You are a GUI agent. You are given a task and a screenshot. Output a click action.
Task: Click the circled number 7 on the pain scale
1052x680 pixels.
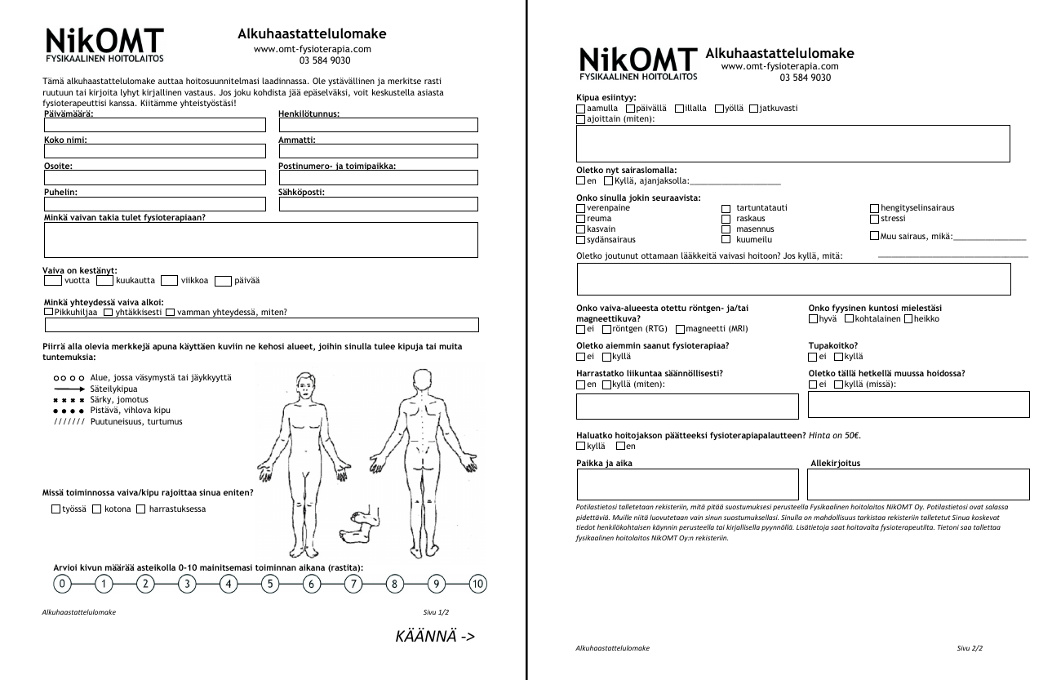pyautogui.click(x=353, y=584)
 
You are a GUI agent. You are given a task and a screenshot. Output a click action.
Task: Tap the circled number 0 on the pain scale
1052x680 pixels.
pyautogui.click(x=61, y=584)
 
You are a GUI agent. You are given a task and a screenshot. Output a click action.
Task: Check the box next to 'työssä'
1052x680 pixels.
pyautogui.click(x=55, y=509)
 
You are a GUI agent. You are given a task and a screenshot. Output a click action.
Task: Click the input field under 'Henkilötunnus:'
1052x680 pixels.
pyautogui.click(x=378, y=125)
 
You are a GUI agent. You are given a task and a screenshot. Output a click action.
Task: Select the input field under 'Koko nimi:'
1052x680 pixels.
pyautogui.click(x=154, y=151)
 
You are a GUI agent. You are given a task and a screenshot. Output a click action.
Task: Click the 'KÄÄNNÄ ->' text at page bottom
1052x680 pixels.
pyautogui.click(x=434, y=637)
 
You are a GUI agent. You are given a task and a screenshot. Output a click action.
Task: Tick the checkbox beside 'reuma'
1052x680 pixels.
pyautogui.click(x=581, y=219)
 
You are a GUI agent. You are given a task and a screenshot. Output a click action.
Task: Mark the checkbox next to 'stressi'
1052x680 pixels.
pyautogui.click(x=875, y=219)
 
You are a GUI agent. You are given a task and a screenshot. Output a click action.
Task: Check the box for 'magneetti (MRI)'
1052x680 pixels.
pyautogui.click(x=681, y=330)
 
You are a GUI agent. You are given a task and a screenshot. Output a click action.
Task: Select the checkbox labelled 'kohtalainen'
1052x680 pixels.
pyautogui.click(x=850, y=319)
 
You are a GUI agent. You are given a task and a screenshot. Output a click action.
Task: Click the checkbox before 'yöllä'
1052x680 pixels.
pyautogui.click(x=719, y=109)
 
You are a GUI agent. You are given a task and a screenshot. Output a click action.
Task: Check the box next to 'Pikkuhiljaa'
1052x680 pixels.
pyautogui.click(x=48, y=313)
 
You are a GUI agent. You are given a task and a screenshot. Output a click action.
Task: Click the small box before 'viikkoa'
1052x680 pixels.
pyautogui.click(x=169, y=281)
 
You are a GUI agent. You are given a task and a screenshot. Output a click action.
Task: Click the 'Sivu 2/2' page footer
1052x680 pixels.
pyautogui.click(x=970, y=648)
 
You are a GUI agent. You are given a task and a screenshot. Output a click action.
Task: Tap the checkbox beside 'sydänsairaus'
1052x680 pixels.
pyautogui.click(x=581, y=240)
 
